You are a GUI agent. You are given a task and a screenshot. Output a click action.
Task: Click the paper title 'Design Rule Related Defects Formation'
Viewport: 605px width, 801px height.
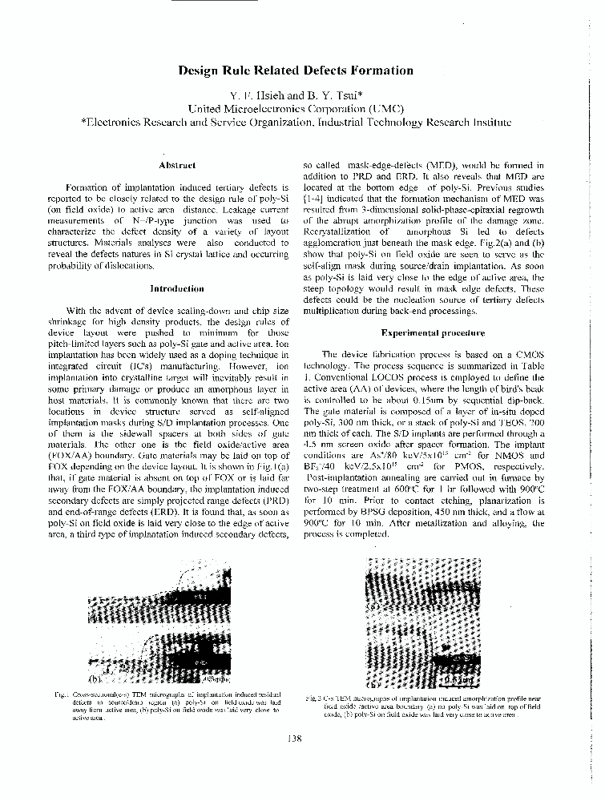pyautogui.click(x=296, y=70)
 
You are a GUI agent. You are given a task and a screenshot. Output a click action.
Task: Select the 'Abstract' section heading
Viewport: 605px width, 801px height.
pyautogui.click(x=177, y=165)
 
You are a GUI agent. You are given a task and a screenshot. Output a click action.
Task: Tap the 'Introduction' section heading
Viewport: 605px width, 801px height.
pyautogui.click(x=177, y=288)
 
